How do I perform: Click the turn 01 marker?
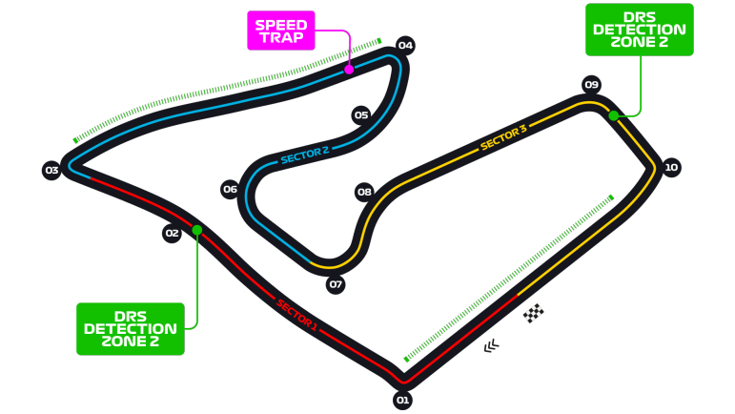tap(402, 401)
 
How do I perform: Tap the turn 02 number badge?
tap(172, 233)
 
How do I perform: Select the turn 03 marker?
tap(51, 171)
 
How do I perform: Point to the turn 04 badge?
tap(405, 45)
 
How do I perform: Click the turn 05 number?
tap(360, 115)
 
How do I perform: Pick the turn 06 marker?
tap(230, 189)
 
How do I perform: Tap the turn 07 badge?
tap(335, 284)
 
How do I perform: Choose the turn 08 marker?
tap(364, 192)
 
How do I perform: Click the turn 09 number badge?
tap(591, 84)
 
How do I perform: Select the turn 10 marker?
tap(671, 167)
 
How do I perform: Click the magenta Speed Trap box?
tap(280, 31)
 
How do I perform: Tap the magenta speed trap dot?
tap(349, 70)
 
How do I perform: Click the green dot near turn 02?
tap(197, 230)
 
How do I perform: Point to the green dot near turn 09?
tap(614, 115)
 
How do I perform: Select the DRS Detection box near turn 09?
tap(638, 30)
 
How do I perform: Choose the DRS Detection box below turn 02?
tap(130, 328)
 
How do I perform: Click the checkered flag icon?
tap(534, 313)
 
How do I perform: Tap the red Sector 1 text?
tap(296, 315)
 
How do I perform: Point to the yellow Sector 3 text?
tap(503, 138)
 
